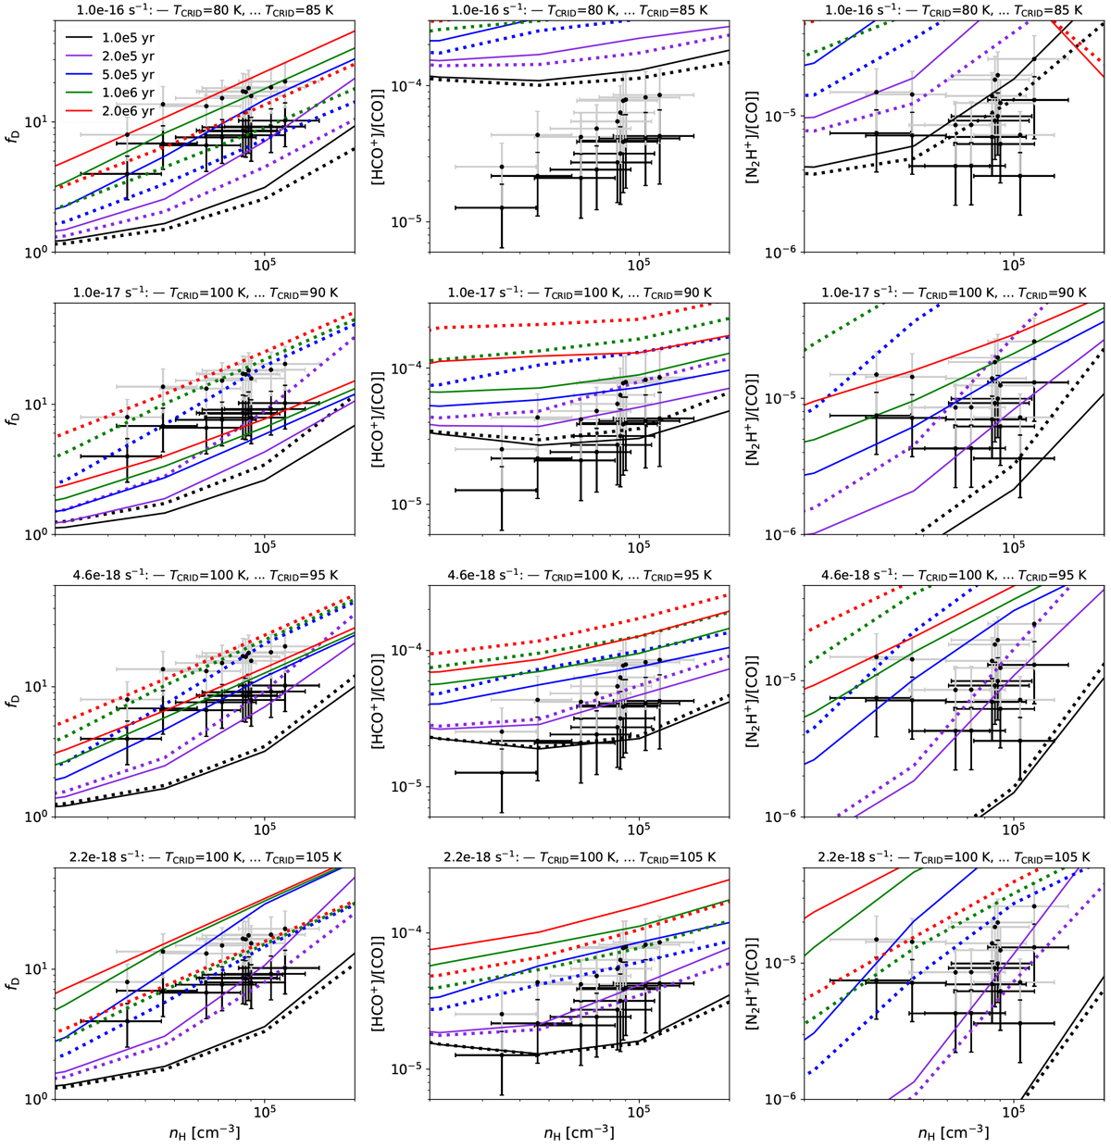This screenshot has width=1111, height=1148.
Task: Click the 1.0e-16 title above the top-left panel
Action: [206, 10]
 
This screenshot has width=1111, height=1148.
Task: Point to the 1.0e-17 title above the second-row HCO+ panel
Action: [580, 293]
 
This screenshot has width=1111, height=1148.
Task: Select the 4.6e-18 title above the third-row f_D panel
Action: [206, 575]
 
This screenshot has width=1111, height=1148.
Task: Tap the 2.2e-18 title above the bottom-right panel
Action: [954, 857]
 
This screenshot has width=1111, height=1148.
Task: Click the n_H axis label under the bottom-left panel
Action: [206, 1131]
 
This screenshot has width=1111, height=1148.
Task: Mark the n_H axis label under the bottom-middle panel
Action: [580, 1131]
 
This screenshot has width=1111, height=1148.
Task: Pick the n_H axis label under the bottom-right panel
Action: [954, 1131]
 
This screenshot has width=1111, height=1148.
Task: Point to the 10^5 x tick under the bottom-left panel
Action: [264, 1112]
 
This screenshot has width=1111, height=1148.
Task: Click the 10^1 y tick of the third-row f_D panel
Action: [40, 687]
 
